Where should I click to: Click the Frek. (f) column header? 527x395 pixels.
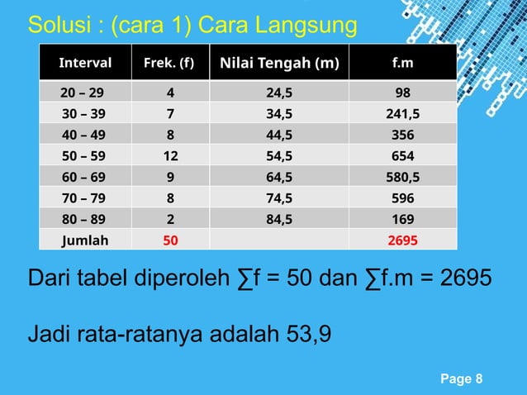point(170,62)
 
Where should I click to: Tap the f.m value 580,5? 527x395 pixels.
point(403,177)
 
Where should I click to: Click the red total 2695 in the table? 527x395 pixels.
point(403,240)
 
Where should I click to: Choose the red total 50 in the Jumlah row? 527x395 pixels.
point(170,240)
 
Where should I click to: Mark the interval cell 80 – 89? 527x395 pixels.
point(83,219)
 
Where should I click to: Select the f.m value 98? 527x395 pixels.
point(403,92)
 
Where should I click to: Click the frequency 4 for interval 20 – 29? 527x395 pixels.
point(170,92)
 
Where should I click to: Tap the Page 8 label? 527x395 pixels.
point(463,379)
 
